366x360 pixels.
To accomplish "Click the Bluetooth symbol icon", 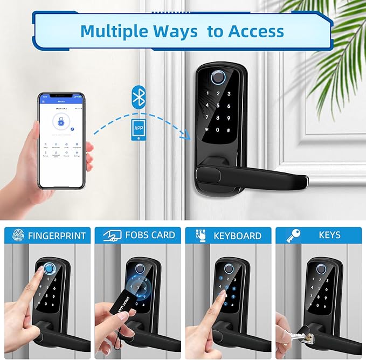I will (139, 98).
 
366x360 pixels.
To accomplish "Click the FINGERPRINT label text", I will (56, 236).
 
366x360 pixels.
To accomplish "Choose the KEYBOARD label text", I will (237, 236).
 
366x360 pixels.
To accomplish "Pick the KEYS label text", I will (329, 235).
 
